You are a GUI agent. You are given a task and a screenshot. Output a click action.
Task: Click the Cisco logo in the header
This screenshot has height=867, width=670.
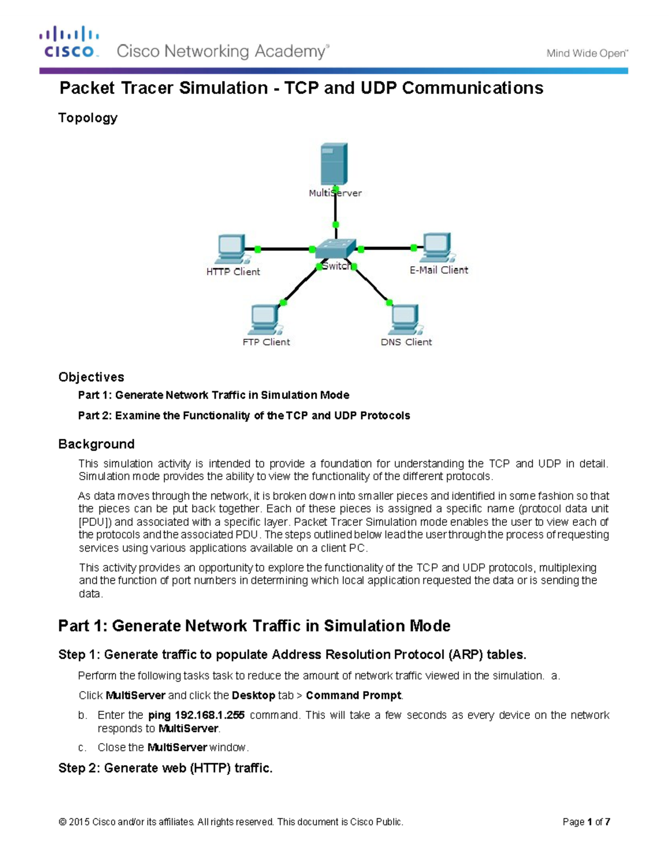click(x=69, y=42)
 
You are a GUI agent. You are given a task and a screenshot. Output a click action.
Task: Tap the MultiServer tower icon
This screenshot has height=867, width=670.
click(x=334, y=164)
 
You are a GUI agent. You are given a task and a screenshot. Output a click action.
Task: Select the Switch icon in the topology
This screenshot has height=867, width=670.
click(x=335, y=248)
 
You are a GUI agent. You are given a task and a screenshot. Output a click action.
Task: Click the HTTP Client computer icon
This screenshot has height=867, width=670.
click(x=231, y=249)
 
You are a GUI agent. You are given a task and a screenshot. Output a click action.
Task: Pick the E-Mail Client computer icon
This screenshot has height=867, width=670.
click(x=437, y=247)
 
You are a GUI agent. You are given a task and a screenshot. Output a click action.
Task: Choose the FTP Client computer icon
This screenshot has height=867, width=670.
click(x=264, y=320)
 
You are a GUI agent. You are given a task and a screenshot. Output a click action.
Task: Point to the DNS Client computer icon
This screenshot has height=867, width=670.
click(x=405, y=320)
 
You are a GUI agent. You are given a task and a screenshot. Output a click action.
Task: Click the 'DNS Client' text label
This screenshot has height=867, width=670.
click(x=406, y=342)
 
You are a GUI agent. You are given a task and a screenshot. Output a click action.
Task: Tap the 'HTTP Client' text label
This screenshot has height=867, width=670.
click(x=233, y=272)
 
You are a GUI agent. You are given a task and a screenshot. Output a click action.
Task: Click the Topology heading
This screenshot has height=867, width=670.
click(x=88, y=118)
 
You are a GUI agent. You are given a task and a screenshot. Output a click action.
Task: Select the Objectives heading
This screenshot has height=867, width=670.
click(x=91, y=377)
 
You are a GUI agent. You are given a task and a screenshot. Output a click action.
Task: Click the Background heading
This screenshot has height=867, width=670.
click(x=96, y=444)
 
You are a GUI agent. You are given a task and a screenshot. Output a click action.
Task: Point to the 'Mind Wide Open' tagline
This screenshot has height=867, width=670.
click(x=587, y=54)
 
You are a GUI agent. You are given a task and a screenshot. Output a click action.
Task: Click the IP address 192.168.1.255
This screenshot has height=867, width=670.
click(x=210, y=715)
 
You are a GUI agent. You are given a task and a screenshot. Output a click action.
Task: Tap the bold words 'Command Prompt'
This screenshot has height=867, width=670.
click(x=353, y=696)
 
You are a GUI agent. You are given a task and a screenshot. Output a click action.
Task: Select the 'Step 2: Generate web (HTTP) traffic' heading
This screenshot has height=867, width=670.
click(x=165, y=768)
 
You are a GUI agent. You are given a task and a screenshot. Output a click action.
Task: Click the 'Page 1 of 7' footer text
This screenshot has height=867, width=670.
click(x=586, y=822)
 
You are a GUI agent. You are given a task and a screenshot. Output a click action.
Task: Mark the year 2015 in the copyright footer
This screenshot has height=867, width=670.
click(x=79, y=822)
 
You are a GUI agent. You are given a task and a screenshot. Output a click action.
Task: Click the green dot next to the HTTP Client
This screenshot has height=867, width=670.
click(x=257, y=249)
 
